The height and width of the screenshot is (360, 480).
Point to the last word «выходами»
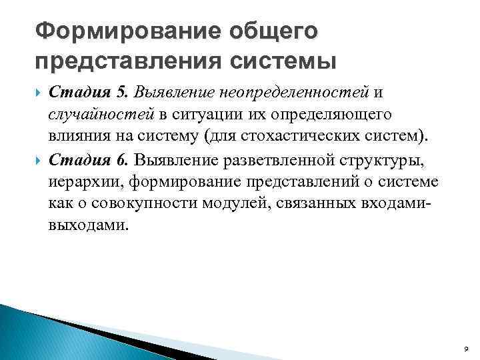[86, 225]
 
